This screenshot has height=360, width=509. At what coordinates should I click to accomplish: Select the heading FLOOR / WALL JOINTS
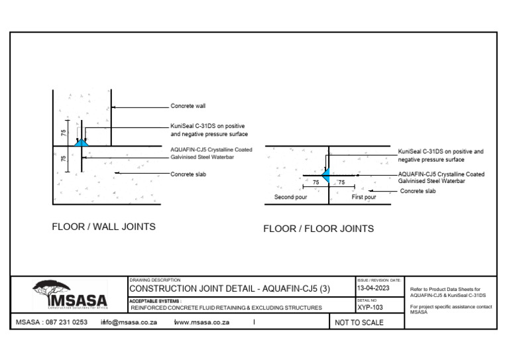tap(103, 227)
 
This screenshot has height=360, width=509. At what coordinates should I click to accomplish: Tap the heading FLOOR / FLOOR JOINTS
tap(318, 229)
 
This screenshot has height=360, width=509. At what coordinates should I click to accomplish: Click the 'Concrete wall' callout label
tap(188, 106)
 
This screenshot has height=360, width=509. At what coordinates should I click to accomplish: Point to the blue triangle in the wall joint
tap(82, 142)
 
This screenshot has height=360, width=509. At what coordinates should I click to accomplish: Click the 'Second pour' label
tap(288, 197)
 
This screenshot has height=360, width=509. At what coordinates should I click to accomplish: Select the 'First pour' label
tap(363, 197)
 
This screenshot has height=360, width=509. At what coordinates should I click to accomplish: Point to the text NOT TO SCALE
tap(359, 323)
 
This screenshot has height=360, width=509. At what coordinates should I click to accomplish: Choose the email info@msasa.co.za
tap(129, 322)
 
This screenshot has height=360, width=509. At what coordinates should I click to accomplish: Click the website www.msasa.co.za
tap(201, 322)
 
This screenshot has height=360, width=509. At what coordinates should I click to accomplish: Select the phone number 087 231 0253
tap(65, 322)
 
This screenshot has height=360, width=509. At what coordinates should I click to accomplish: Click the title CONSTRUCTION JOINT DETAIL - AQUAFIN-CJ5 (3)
tap(229, 289)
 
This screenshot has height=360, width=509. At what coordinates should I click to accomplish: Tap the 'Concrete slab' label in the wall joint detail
tap(188, 174)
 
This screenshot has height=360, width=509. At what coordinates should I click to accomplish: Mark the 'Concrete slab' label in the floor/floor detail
tap(418, 191)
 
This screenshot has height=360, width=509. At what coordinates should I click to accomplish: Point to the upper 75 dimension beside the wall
tap(64, 133)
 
